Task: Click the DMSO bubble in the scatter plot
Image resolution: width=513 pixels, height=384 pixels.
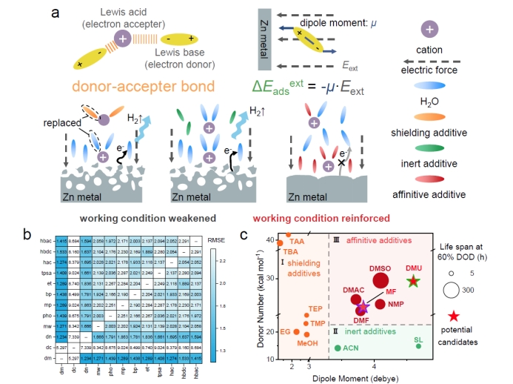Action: coord(380,280)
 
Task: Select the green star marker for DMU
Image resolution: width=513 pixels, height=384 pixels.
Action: coord(414,281)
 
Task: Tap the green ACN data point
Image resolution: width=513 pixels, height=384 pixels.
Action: coord(338,348)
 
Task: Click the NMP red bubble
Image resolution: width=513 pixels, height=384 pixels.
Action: coord(400,303)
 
